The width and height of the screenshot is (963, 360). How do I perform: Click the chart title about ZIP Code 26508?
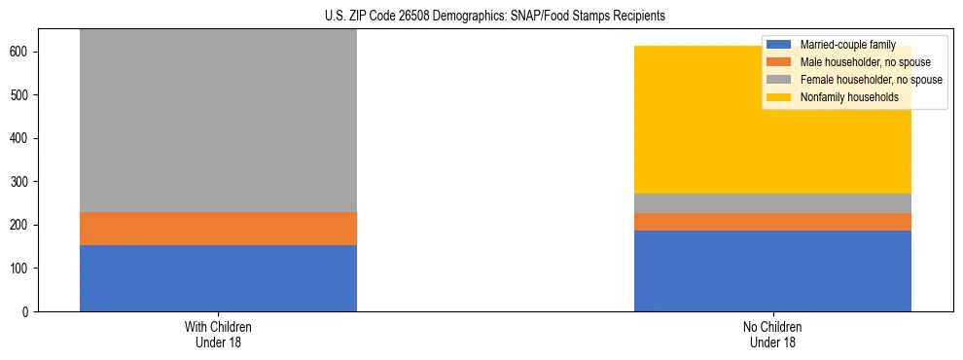(481, 16)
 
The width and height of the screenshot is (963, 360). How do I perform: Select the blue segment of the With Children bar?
(218, 277)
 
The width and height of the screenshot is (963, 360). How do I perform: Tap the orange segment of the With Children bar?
(218, 229)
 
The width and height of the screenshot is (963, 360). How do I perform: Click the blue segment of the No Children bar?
(772, 270)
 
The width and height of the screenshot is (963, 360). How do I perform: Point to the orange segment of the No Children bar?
(772, 222)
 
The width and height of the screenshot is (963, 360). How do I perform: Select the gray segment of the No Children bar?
(772, 203)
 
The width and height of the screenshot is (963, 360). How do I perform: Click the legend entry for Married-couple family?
(847, 46)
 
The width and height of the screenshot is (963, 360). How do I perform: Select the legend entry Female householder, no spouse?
(870, 80)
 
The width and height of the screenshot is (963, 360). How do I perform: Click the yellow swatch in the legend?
(779, 97)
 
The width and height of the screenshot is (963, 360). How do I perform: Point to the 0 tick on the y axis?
(29, 311)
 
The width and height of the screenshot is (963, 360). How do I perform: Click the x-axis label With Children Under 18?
(218, 334)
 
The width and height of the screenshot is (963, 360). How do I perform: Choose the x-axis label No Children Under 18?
(772, 334)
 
